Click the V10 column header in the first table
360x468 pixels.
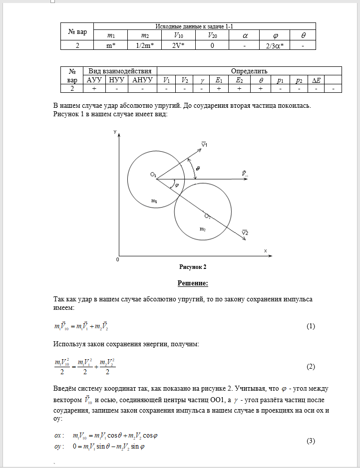[x=178, y=35]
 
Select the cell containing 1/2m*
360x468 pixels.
[x=144, y=45]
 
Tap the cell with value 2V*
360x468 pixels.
[x=178, y=45]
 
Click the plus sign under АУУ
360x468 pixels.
[x=94, y=88]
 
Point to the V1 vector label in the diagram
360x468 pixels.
[x=204, y=144]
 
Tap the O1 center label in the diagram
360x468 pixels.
[x=153, y=174]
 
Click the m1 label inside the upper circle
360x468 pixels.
[x=154, y=201]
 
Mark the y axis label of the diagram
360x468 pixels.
[x=115, y=131]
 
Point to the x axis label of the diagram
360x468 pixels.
[x=266, y=249]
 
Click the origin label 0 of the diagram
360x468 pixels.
[x=117, y=259]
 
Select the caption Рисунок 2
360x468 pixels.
[x=192, y=267]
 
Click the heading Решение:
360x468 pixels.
[x=192, y=283]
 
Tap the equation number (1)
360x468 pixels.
[x=311, y=326]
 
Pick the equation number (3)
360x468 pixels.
[x=311, y=440]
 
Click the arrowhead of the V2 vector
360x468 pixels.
[x=245, y=240]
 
